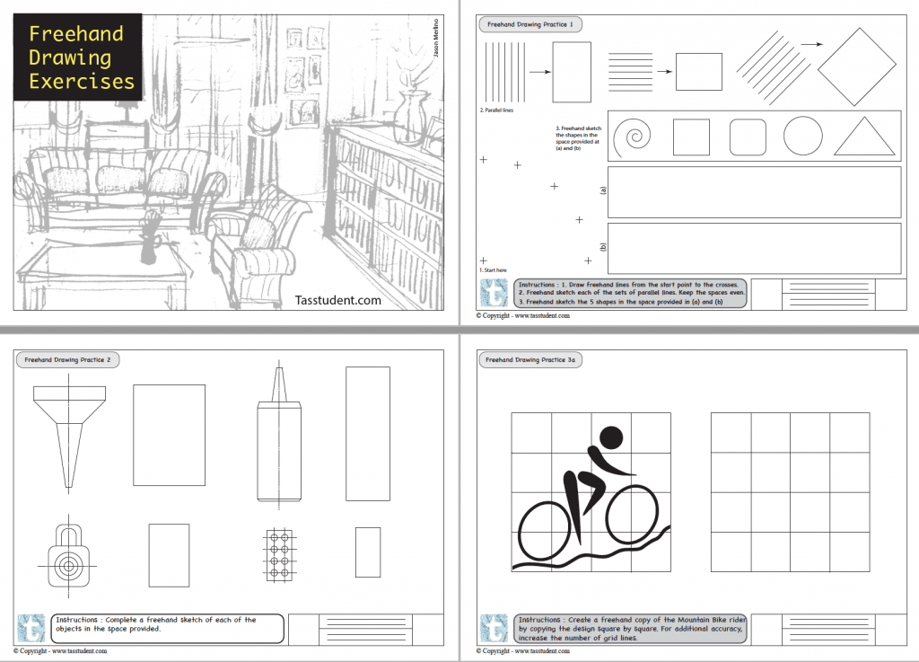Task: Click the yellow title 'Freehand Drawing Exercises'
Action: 81,57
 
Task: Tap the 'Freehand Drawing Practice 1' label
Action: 527,24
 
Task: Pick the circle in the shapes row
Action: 802,137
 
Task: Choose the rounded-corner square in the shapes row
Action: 748,137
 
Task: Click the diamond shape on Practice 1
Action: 856,66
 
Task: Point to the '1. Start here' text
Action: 494,269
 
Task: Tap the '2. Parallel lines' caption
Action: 499,110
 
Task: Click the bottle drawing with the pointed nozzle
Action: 279,440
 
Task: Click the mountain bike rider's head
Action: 610,437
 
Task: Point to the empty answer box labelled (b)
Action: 754,247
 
